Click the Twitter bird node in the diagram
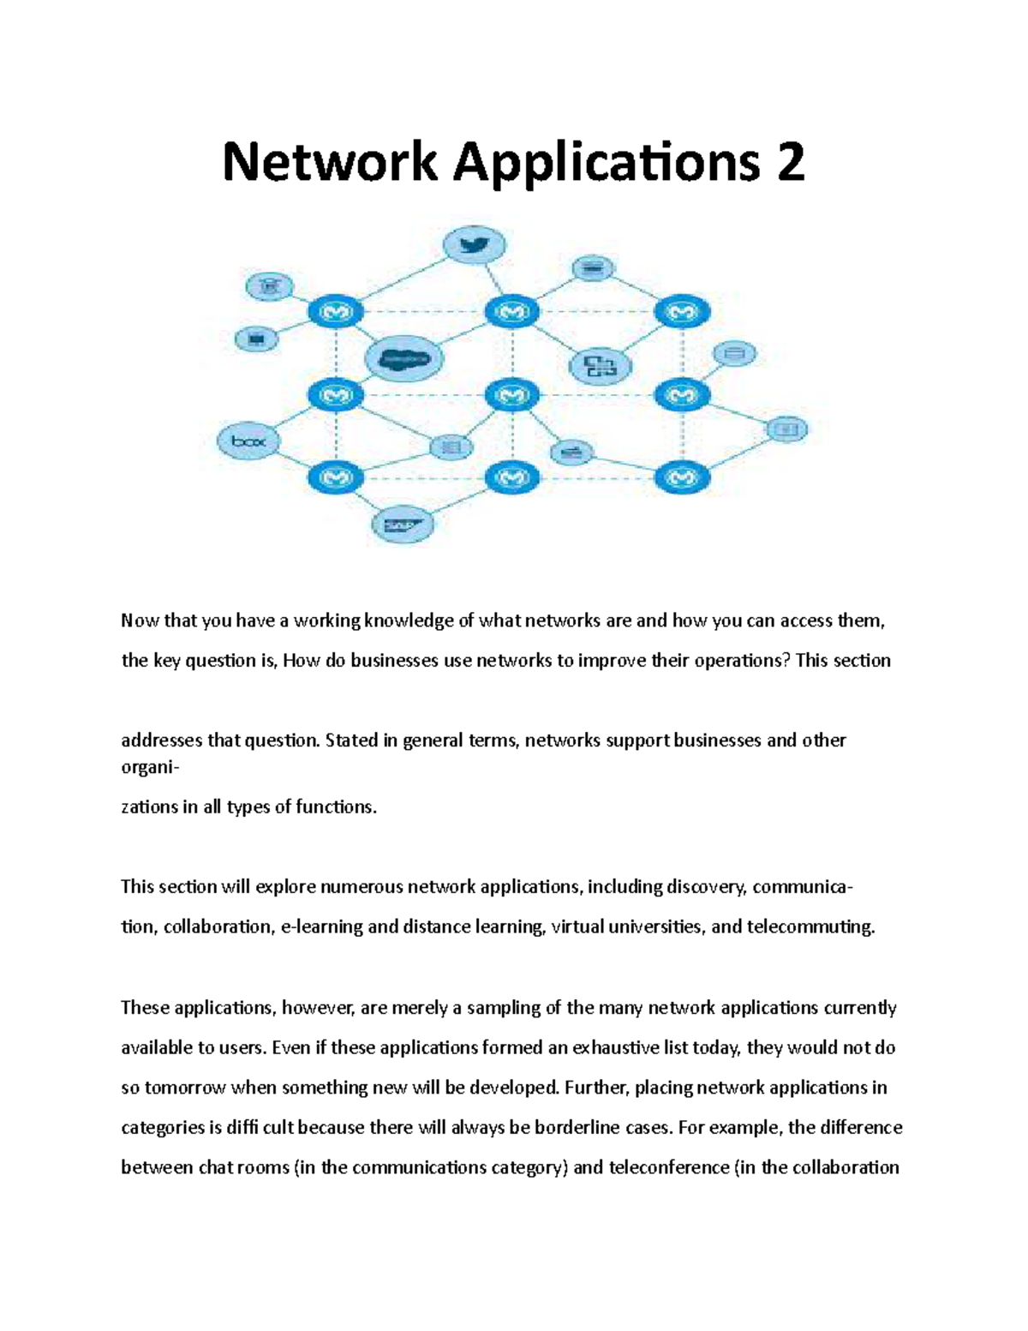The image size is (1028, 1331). (473, 246)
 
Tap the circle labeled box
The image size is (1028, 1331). (249, 442)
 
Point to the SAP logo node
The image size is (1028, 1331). (402, 525)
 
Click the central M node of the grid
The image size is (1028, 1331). (512, 395)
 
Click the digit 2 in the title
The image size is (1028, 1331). (791, 163)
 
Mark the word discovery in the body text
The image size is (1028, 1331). (706, 886)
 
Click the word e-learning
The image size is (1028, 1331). (321, 926)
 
